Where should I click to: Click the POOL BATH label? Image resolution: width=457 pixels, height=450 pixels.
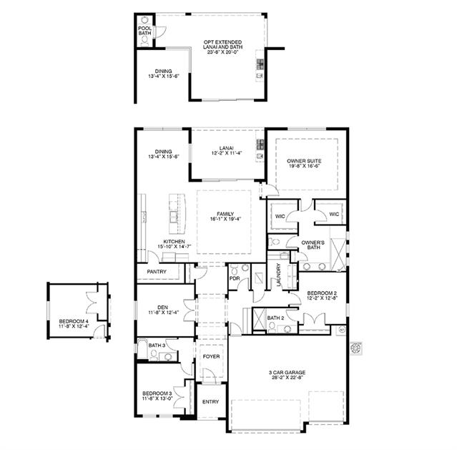[145, 31]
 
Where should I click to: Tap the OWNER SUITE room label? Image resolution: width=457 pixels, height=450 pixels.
[304, 161]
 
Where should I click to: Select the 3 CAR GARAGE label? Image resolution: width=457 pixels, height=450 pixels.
[287, 373]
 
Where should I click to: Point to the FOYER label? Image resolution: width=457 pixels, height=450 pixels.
[211, 356]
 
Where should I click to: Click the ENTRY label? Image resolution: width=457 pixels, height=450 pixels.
[210, 401]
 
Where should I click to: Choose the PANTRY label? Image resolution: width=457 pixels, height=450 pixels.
[157, 272]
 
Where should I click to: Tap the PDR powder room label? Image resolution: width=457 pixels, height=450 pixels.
[235, 278]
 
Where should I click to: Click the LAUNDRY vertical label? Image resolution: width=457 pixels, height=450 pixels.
[279, 275]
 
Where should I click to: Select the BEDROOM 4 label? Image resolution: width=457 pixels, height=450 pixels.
[72, 321]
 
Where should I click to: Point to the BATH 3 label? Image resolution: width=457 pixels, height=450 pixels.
[157, 346]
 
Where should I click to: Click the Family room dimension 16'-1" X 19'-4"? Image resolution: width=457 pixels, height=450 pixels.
[225, 219]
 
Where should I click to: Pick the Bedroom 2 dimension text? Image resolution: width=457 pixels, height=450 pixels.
[322, 298]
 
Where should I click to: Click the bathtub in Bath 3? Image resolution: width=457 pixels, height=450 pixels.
[142, 348]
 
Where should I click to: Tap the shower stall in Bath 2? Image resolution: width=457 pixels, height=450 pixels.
[259, 319]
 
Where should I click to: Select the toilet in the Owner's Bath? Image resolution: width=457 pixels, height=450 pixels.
[274, 242]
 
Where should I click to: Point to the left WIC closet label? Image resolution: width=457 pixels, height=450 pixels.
[280, 216]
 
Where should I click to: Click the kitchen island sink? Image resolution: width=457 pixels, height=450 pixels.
[174, 216]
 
